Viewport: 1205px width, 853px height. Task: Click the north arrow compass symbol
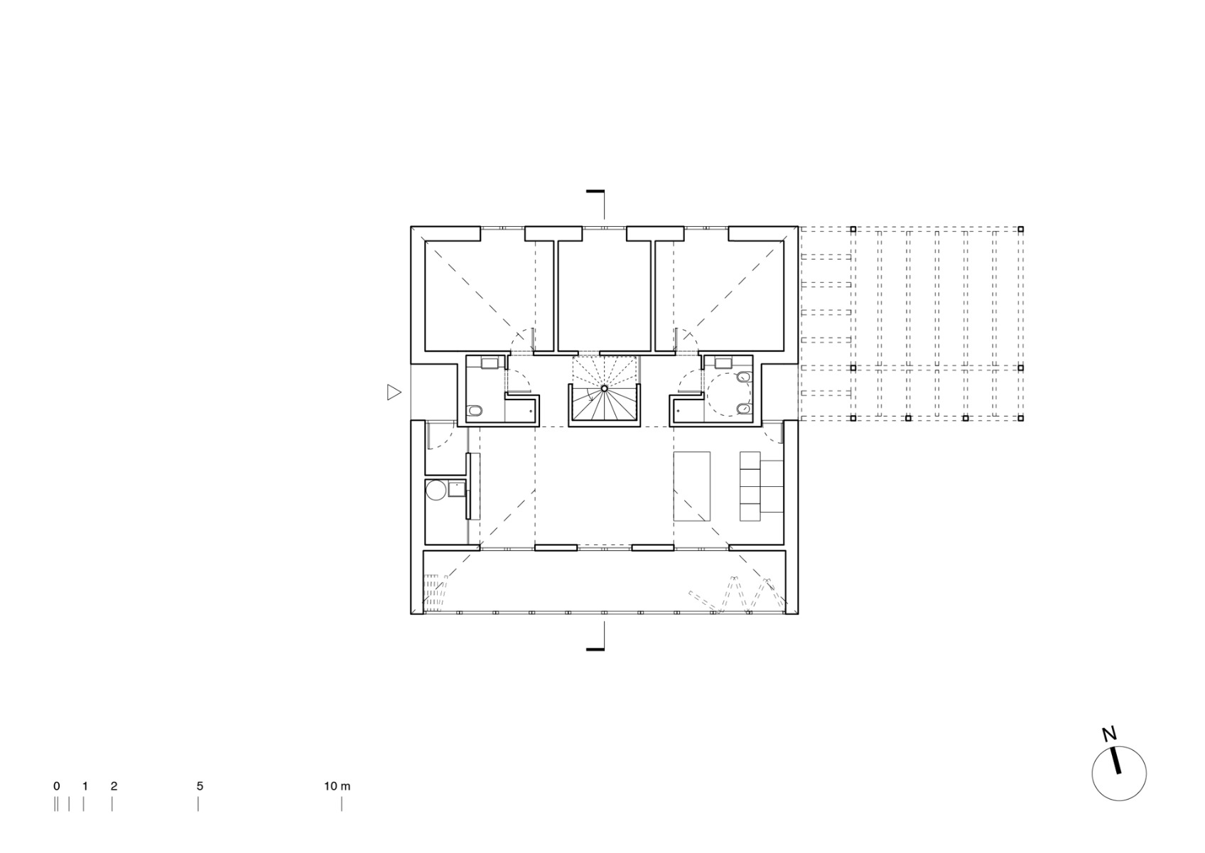(x=1118, y=773)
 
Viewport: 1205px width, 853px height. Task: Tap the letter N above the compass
(x=1108, y=734)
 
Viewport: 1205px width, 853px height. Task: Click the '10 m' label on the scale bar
(x=337, y=786)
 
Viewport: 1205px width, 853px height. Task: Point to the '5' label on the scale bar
(x=200, y=786)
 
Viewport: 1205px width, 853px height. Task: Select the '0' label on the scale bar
(x=57, y=786)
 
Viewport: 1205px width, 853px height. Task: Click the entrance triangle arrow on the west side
(x=394, y=392)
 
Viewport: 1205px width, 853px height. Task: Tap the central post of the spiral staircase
(x=604, y=388)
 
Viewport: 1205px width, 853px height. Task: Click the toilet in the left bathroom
(x=475, y=410)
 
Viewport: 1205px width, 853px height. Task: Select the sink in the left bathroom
(x=490, y=363)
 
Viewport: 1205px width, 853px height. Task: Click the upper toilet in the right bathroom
(x=743, y=376)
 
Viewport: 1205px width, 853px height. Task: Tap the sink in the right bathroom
(x=723, y=363)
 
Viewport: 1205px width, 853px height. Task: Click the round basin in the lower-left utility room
(x=436, y=490)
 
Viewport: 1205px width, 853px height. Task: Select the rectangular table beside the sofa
(x=691, y=486)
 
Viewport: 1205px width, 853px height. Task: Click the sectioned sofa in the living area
(x=760, y=486)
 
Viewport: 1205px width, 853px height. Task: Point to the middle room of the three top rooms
(x=604, y=295)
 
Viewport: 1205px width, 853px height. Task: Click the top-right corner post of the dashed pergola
(x=1021, y=230)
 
